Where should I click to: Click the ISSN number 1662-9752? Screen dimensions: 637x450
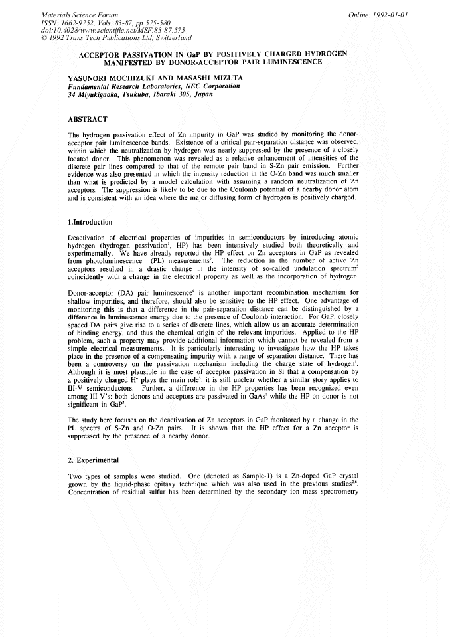76,22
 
